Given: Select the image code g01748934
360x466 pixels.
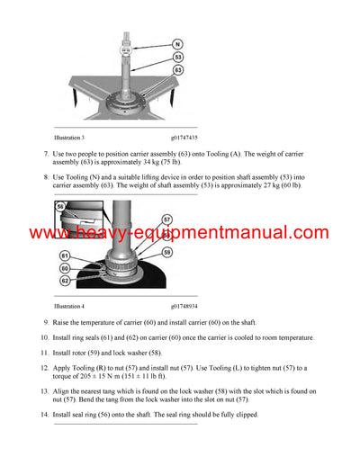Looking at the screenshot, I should click(190, 306).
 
